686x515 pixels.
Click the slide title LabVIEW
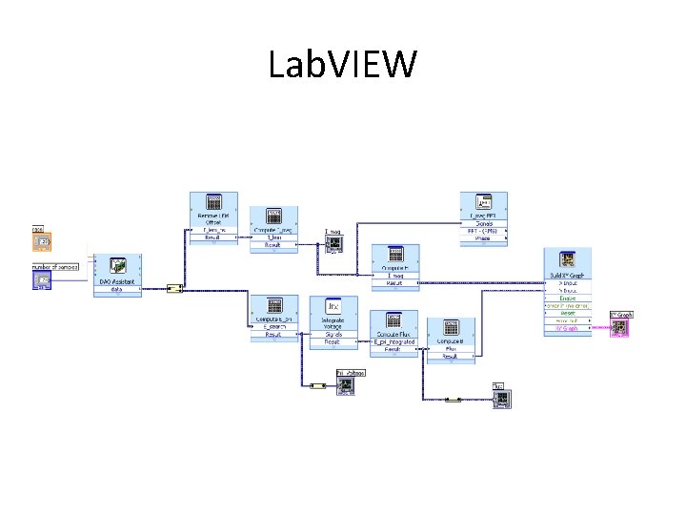343,65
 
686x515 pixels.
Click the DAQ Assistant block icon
119,266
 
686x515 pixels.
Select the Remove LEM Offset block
213,206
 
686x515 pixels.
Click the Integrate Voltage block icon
333,308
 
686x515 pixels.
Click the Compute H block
395,257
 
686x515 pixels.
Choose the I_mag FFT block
484,206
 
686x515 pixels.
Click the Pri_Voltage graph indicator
347,383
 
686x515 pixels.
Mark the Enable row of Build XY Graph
568,298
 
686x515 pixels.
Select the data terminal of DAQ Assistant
118,289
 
